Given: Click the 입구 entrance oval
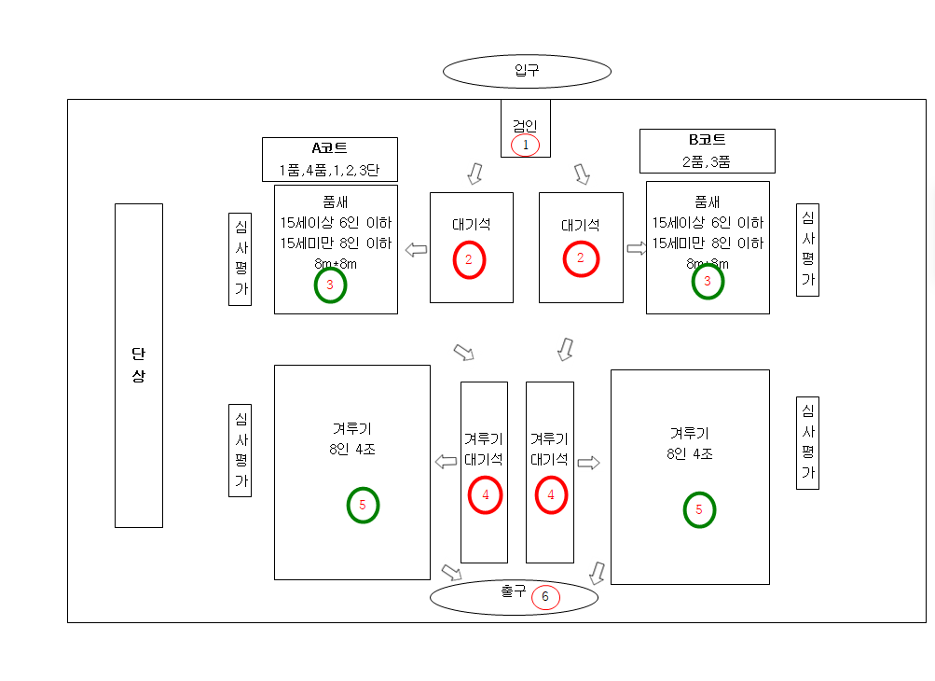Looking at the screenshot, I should [x=527, y=71].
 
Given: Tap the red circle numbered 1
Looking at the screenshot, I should [x=525, y=145].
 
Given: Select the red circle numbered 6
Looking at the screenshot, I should [x=545, y=597].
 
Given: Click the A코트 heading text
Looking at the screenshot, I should [x=329, y=147].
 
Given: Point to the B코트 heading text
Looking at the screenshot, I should [x=708, y=140].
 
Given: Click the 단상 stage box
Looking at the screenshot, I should [x=138, y=365].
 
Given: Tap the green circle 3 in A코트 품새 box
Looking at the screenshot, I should [x=330, y=285].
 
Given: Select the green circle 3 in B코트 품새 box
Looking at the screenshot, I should [x=708, y=281].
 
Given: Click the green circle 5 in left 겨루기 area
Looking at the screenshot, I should [x=363, y=505].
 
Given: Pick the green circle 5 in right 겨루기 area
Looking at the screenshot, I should [x=699, y=509].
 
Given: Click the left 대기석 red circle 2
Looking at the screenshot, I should [x=470, y=260].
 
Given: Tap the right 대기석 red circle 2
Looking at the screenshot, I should [x=581, y=258].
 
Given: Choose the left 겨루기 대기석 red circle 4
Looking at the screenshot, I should [x=485, y=495].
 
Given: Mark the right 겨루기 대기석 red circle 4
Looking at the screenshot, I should [x=551, y=495].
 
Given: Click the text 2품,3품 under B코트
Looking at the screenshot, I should [x=707, y=161].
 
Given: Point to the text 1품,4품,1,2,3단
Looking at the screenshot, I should [x=329, y=171].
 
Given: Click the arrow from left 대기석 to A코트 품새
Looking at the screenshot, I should [x=416, y=249].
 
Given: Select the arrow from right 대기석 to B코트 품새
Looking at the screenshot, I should [x=638, y=248].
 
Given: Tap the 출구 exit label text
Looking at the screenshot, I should [x=513, y=591].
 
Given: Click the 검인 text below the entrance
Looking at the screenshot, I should [x=525, y=124].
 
